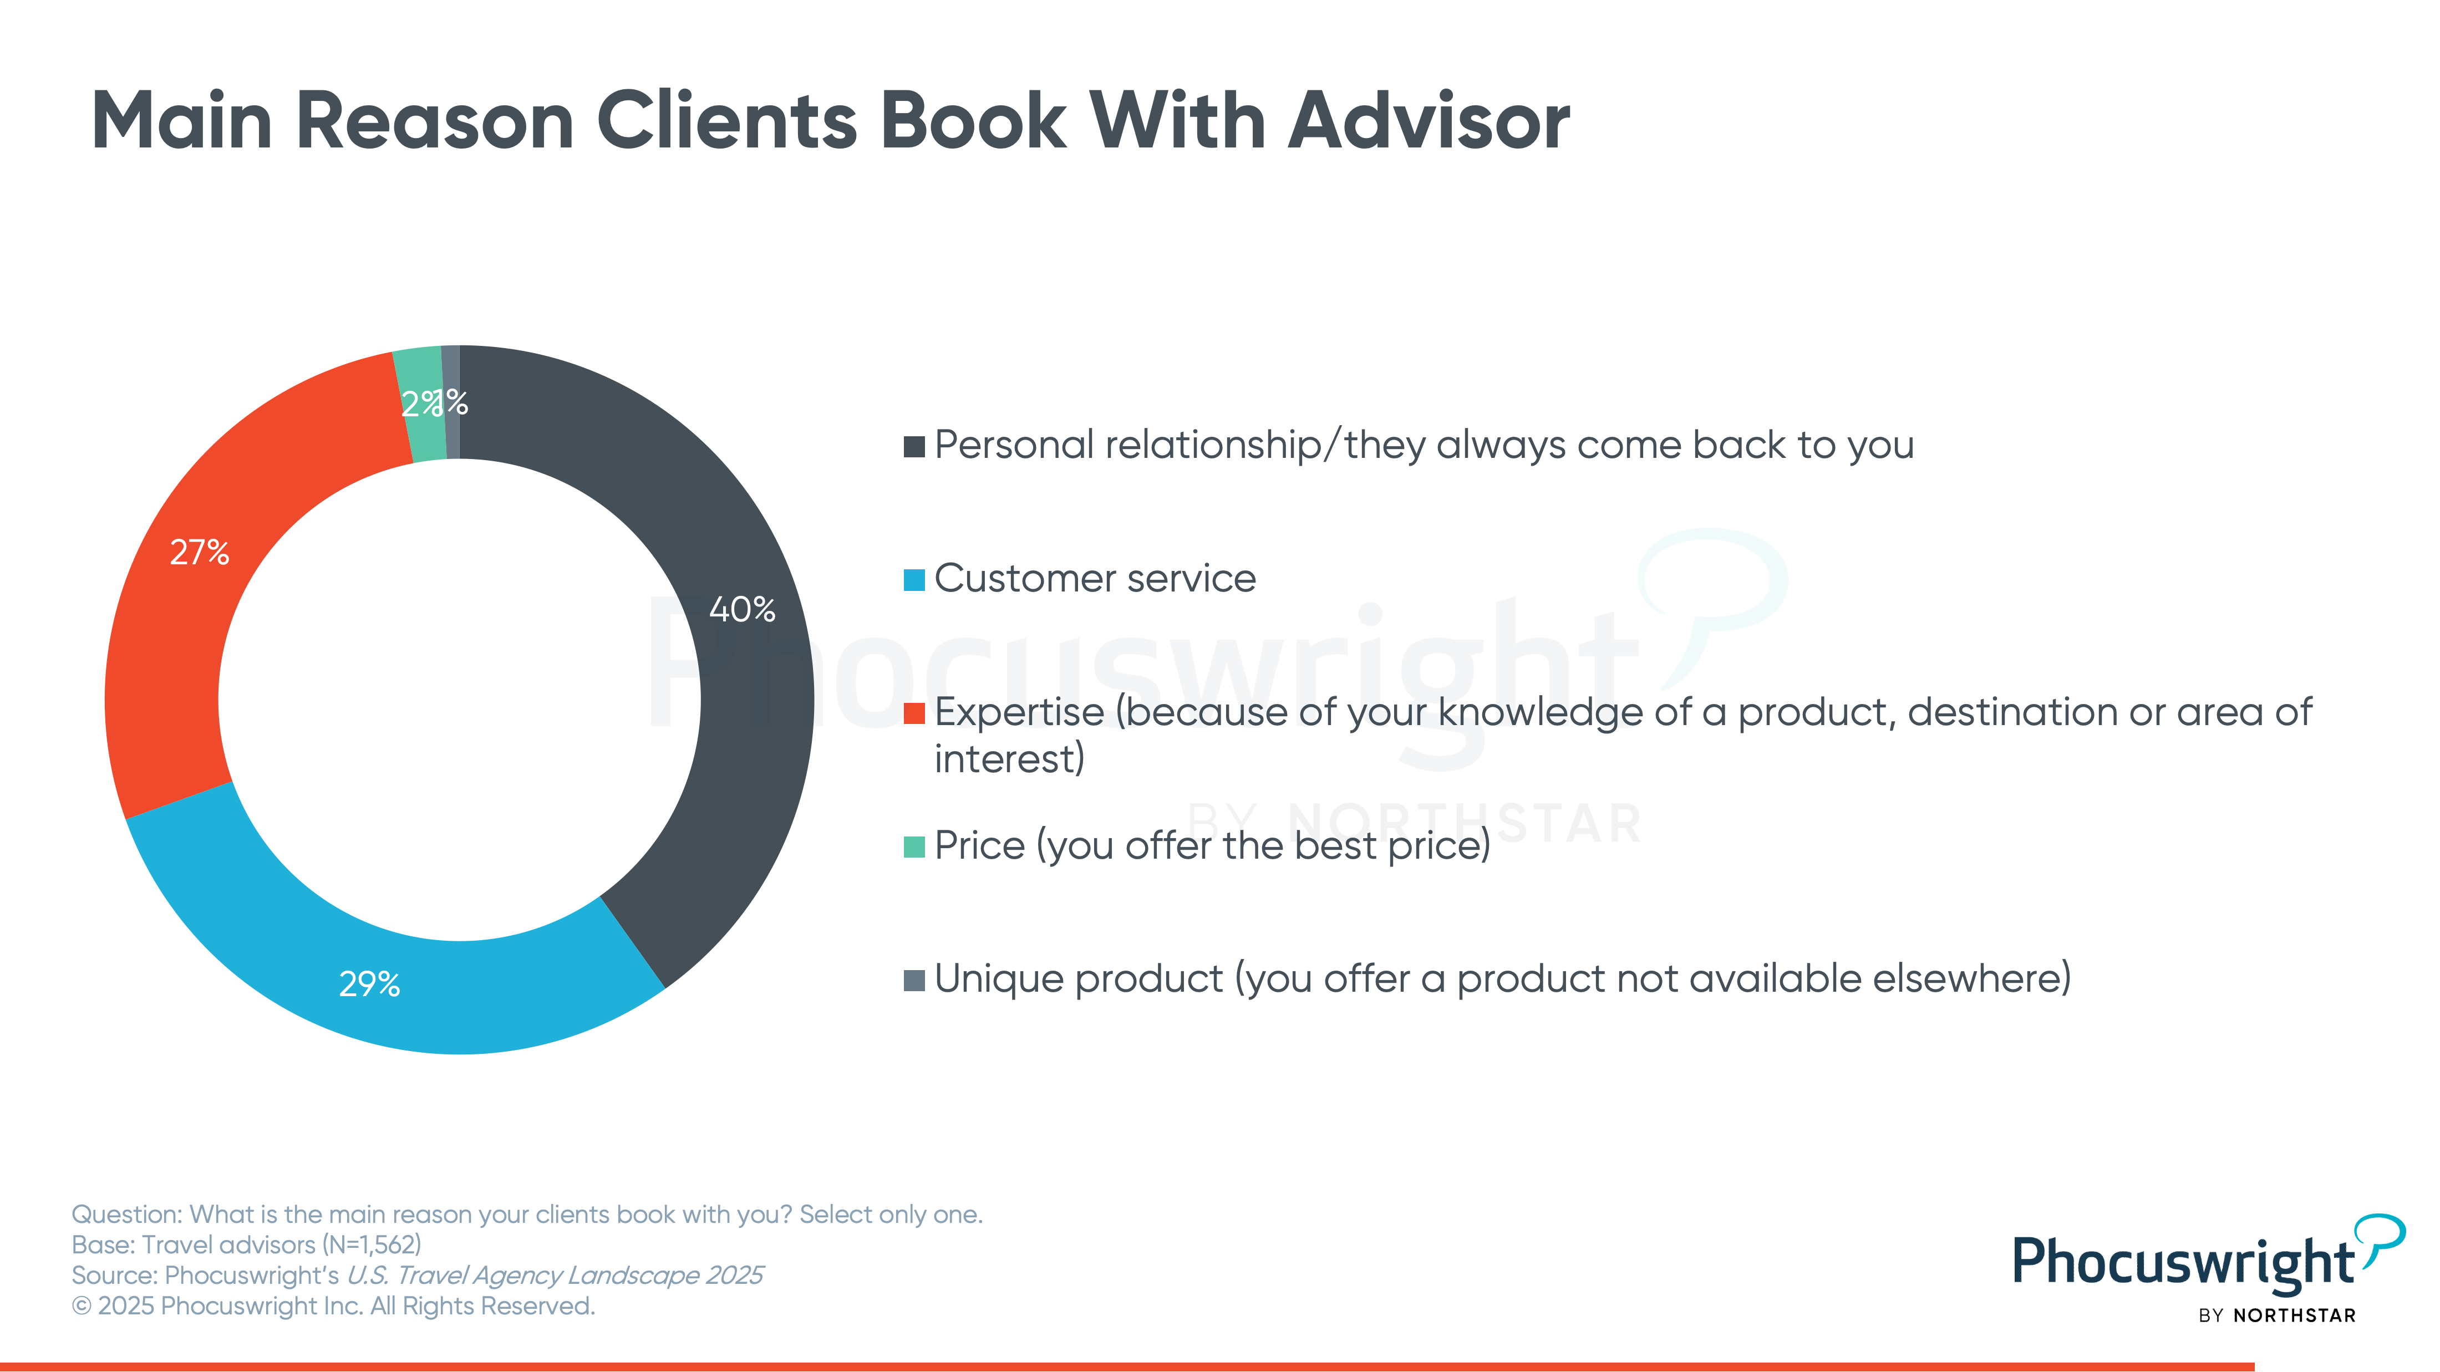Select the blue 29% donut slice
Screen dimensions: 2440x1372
click(x=379, y=985)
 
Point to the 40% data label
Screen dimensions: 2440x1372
click(x=743, y=609)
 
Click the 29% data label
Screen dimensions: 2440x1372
click(x=369, y=984)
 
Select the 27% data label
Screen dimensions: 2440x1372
click(x=199, y=552)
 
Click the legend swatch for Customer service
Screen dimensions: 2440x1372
click(x=914, y=579)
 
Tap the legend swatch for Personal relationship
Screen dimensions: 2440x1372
click(x=914, y=446)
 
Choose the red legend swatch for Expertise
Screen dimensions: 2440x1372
click(x=914, y=713)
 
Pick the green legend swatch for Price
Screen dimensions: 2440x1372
click(x=914, y=846)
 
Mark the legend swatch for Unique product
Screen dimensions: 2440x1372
click(x=914, y=980)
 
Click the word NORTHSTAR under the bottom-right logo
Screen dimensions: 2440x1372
click(x=2294, y=1315)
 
